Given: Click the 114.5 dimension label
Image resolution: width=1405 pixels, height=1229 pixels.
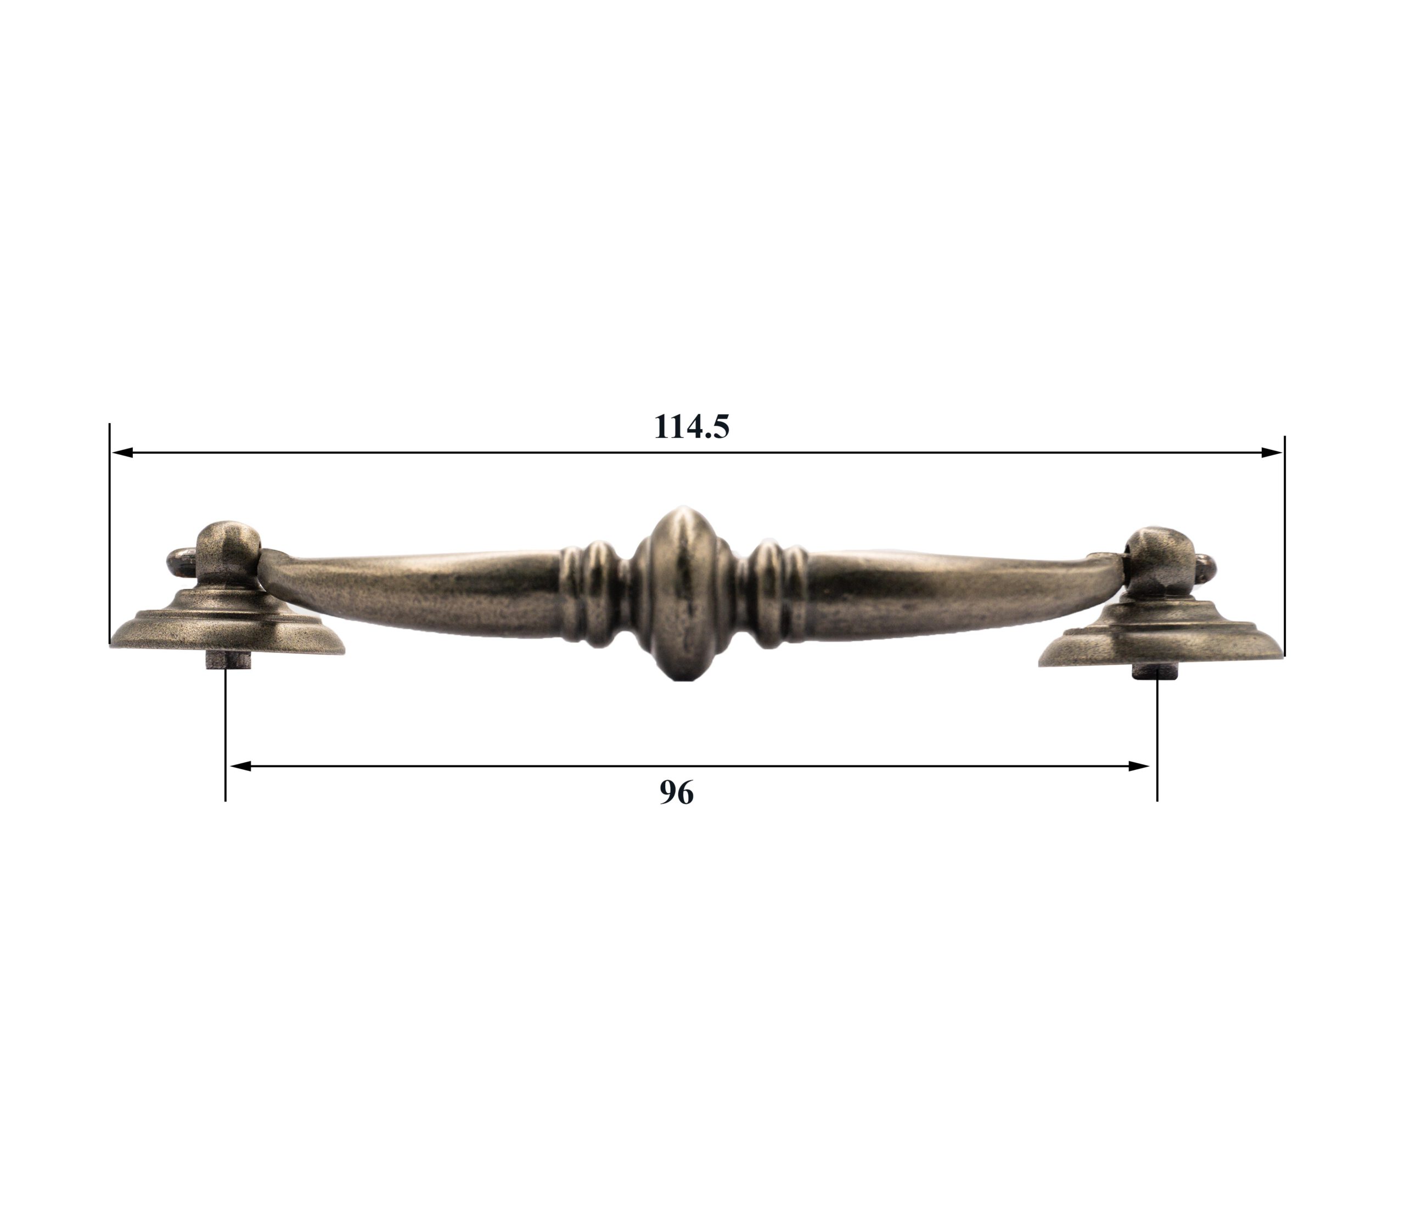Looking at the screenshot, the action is coord(692,427).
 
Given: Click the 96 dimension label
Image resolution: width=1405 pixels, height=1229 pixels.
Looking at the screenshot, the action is coord(676,793).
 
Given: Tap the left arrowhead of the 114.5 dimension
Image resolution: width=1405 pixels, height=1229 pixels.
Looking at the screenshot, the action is coord(122,453).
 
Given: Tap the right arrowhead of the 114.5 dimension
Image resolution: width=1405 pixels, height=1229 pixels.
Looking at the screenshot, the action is coord(1271,453).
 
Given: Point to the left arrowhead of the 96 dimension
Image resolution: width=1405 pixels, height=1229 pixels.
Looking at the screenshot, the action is coord(240,766).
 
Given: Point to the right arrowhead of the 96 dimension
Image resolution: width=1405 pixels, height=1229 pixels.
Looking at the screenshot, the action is coord(1139,766).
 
